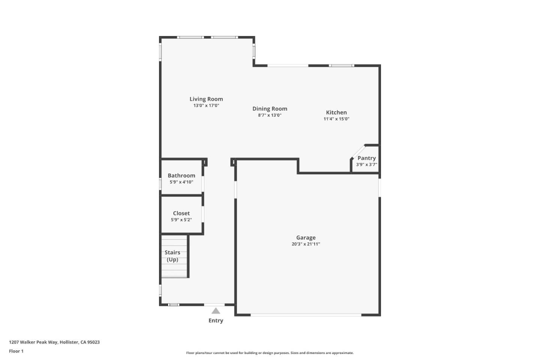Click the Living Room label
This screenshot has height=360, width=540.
(x=206, y=99)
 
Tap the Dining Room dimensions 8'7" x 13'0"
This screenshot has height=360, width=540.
(x=270, y=115)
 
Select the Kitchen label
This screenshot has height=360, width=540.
(x=336, y=112)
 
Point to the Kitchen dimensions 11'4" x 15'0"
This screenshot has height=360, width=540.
(x=336, y=119)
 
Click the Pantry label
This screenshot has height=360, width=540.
(x=366, y=158)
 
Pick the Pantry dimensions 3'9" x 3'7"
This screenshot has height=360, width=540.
(x=366, y=165)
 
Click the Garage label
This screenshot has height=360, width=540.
(x=306, y=237)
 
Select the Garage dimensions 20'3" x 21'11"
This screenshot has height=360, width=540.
(x=306, y=244)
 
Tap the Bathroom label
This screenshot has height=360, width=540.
(x=181, y=175)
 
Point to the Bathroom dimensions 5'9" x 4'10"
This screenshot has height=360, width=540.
(x=181, y=182)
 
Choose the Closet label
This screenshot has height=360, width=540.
(x=181, y=213)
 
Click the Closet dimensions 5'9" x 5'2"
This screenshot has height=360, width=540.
(x=181, y=220)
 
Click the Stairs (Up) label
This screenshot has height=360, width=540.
(x=172, y=256)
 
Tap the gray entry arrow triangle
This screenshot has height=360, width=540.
(x=216, y=311)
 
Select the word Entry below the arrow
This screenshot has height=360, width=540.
(x=216, y=320)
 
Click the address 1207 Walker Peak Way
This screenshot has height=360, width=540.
(x=54, y=342)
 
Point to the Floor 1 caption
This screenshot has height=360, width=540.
(x=16, y=351)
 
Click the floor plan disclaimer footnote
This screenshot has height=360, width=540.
(x=270, y=353)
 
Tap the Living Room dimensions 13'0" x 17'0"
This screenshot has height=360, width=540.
(x=206, y=106)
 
